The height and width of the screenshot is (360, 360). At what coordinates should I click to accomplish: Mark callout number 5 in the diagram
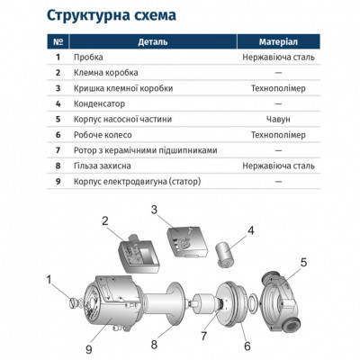click(x=303, y=263)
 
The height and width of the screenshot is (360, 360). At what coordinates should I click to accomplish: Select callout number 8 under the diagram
click(x=154, y=342)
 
